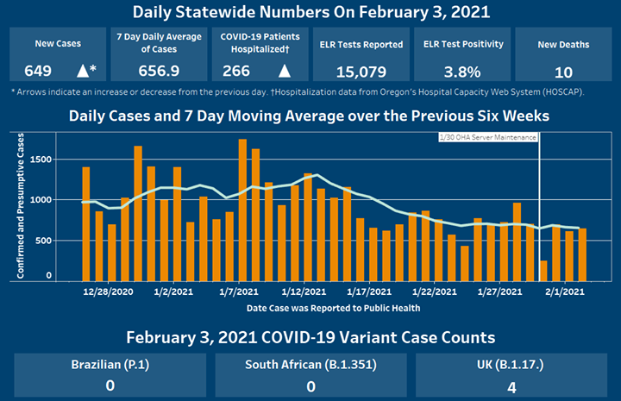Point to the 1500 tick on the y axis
(39, 160)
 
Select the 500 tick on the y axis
(41, 240)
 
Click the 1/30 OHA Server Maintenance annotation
(488, 137)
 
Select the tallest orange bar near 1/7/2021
(242, 210)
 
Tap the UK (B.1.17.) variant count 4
(511, 386)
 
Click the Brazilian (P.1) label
(110, 365)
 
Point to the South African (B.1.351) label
(310, 365)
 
